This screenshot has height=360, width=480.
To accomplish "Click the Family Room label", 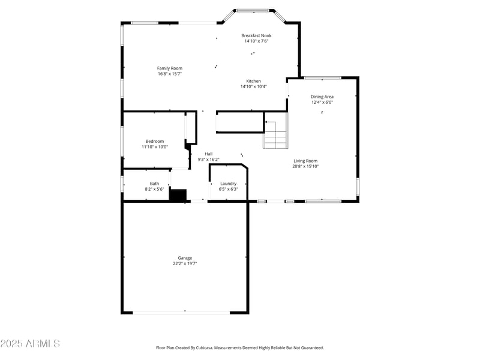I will tap(170, 68).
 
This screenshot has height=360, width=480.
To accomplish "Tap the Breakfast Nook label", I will tap(256, 35).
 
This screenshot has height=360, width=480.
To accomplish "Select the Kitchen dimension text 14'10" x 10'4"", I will tap(253, 86).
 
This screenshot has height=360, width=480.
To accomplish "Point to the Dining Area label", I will tap(322, 97).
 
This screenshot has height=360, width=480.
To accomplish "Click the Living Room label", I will tap(305, 161).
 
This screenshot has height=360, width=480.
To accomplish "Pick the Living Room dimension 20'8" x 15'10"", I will tap(305, 166).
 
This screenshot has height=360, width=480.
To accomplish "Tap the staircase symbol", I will tap(276, 134).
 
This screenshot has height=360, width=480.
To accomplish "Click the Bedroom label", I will tap(155, 141).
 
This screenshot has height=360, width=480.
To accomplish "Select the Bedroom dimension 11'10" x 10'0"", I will tap(155, 146).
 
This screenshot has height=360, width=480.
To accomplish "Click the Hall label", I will tap(209, 154).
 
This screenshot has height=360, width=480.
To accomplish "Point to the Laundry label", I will tap(228, 184).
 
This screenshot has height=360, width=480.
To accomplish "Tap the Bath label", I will tap(155, 184).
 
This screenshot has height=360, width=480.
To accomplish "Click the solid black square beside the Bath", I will tap(178, 195).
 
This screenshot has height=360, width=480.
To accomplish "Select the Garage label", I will tap(185, 258).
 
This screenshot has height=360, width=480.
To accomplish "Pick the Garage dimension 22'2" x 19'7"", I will tap(185, 263).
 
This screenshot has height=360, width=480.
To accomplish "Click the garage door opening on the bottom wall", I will tap(181, 311).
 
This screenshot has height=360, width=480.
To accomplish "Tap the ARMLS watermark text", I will tap(30, 344).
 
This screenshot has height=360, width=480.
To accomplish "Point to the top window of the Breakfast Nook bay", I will tap(252, 10).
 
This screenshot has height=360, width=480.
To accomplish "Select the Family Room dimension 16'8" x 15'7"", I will tap(170, 74).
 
